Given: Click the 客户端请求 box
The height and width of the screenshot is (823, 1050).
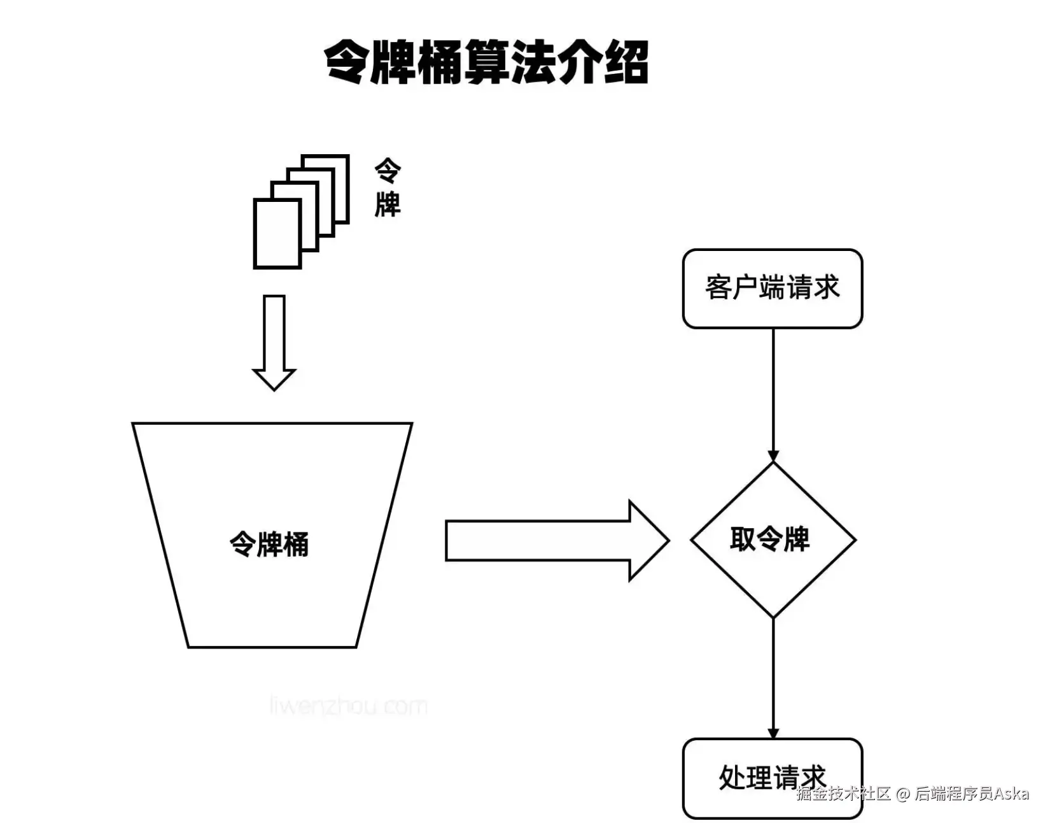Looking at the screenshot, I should pos(772,288).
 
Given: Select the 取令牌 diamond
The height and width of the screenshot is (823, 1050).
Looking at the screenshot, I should pos(772,540).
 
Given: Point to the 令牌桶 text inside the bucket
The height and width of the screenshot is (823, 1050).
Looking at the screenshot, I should pos(269,545).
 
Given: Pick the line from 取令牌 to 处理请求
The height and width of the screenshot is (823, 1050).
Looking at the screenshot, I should pos(773,675).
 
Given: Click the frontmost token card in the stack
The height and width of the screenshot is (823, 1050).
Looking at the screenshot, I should pos(277,233).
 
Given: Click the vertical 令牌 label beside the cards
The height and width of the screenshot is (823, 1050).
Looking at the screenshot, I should pos(388,188).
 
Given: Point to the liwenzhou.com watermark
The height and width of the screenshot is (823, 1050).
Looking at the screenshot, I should pos(348,706).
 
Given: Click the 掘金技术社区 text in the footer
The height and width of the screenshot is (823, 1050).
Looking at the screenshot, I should pos(843,794).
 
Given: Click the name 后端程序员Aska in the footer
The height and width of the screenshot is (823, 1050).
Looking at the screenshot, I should pos(972,794).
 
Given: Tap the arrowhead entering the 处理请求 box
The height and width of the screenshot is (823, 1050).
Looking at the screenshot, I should pos(773,733).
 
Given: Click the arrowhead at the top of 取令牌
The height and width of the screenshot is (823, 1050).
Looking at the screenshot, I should pos(773,457).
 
